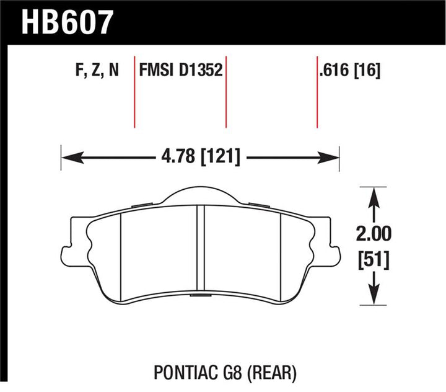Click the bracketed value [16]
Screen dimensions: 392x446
coord(367,71)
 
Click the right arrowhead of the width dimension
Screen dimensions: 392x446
coord(333,158)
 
